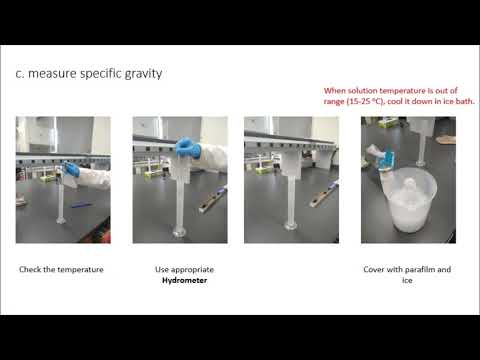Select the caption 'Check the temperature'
(x=61, y=270)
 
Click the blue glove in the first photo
(x=69, y=171)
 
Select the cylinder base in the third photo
(x=290, y=227)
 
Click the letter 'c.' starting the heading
(x=23, y=73)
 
